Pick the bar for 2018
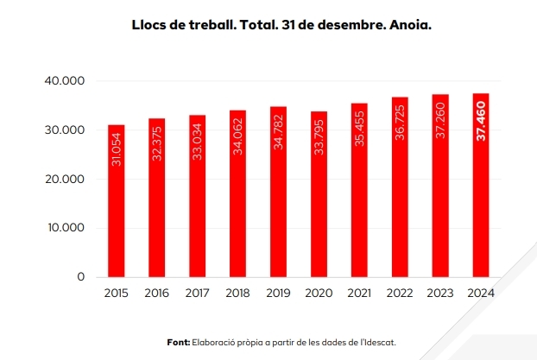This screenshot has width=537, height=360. (x=237, y=193)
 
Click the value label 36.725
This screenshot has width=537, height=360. (x=400, y=122)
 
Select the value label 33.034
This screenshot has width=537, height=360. (x=197, y=141)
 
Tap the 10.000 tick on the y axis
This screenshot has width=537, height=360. (x=66, y=228)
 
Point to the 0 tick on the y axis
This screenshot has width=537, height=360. (x=80, y=277)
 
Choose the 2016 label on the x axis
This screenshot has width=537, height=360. (x=156, y=294)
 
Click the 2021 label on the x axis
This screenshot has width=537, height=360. (x=359, y=294)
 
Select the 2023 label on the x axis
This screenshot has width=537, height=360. (x=440, y=294)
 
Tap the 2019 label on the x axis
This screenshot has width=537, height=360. (x=278, y=294)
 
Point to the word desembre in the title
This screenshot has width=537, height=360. (x=337, y=25)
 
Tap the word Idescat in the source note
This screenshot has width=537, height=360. (x=379, y=342)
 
